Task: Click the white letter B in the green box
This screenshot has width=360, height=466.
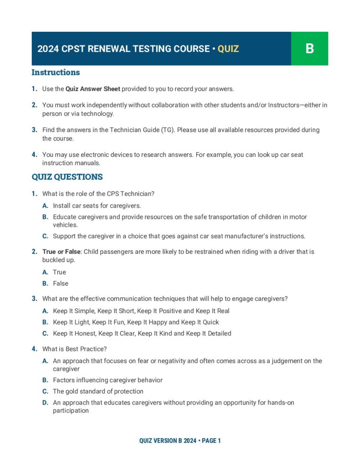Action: (309, 49)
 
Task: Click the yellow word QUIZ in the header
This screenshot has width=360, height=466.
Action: (228, 49)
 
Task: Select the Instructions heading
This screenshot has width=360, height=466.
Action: (56, 72)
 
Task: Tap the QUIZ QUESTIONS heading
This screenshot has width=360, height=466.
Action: (67, 177)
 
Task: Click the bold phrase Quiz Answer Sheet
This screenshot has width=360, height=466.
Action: (93, 89)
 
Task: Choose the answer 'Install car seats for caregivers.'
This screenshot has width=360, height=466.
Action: (96, 206)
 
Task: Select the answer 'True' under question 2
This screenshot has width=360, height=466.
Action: (59, 272)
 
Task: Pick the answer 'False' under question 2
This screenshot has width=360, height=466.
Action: (61, 284)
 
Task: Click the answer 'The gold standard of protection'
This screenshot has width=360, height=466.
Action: (98, 391)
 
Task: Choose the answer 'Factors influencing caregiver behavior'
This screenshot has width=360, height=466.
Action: (107, 380)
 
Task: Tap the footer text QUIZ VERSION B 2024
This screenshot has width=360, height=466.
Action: (167, 441)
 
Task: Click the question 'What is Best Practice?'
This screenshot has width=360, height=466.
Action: (74, 349)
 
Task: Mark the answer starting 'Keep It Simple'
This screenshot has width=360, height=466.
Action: (141, 311)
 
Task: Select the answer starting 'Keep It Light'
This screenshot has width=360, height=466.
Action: (136, 322)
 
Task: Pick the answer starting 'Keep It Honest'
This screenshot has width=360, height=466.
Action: (142, 334)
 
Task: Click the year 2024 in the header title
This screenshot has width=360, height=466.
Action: (47, 49)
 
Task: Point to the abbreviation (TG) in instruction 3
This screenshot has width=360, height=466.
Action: (167, 130)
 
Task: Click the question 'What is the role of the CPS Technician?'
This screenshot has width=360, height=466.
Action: (98, 194)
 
